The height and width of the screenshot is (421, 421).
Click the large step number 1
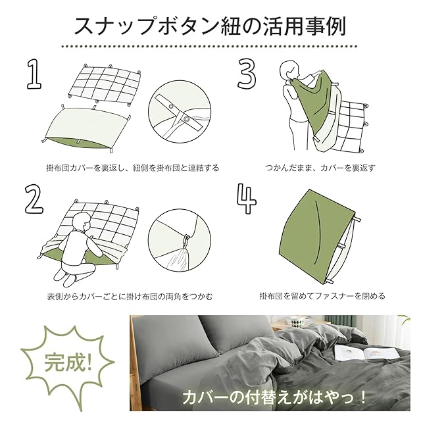(34, 75)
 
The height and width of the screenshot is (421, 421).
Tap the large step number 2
(34, 199)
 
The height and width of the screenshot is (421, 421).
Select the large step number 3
(247, 74)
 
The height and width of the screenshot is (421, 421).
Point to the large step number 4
(247, 198)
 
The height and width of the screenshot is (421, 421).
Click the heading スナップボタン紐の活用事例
(210, 26)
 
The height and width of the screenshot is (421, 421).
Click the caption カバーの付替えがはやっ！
(274, 397)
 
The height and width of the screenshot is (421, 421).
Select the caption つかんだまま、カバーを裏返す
(320, 168)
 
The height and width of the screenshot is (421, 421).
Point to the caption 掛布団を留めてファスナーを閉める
(322, 296)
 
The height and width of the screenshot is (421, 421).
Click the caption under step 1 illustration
(133, 168)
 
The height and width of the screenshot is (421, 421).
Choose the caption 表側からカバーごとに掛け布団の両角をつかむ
(130, 296)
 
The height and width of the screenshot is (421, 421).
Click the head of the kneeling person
(81, 222)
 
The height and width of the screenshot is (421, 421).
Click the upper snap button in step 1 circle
(171, 107)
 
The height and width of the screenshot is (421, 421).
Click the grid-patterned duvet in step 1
(105, 84)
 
